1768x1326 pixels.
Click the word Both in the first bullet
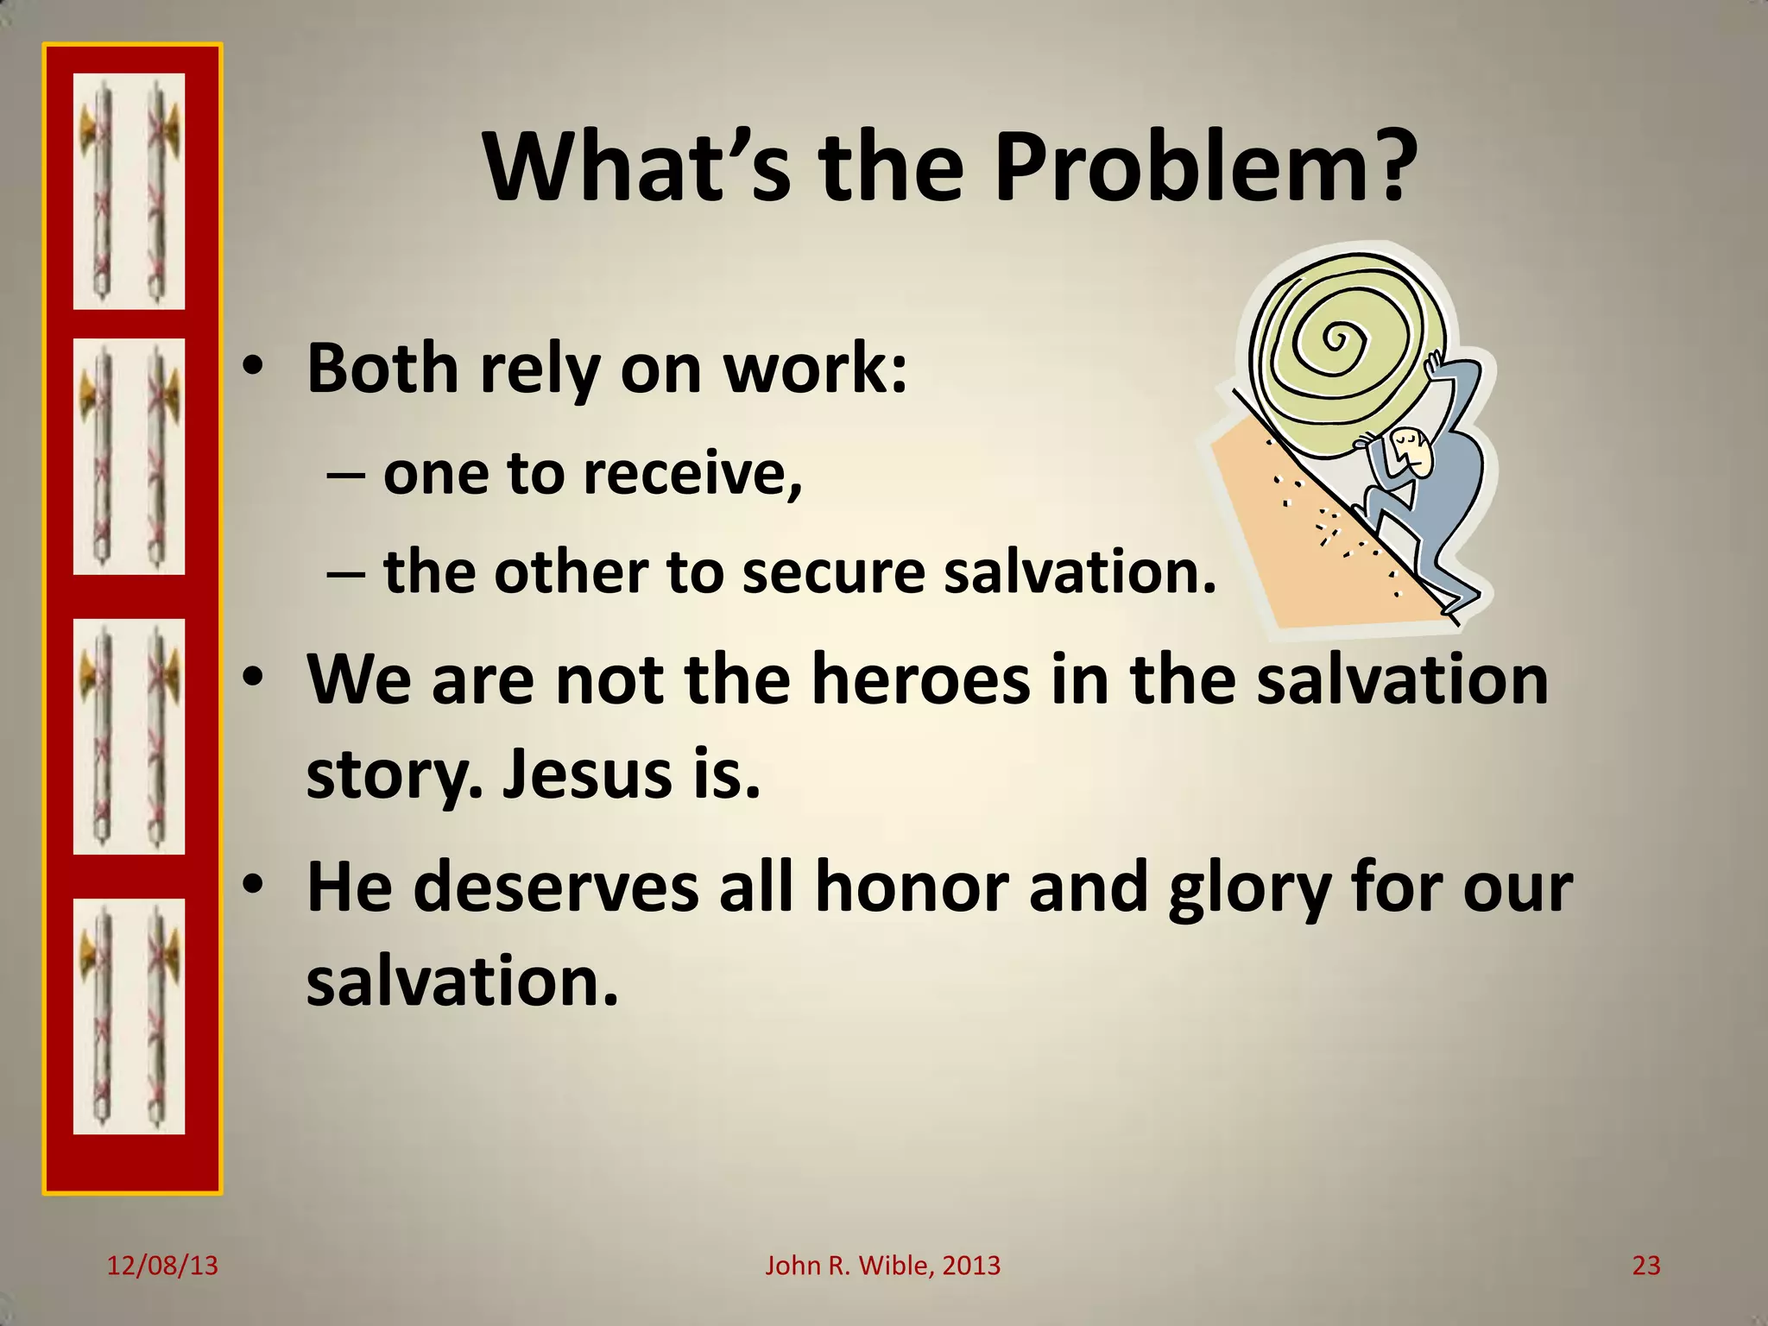tap(382, 369)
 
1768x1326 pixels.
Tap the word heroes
tap(920, 679)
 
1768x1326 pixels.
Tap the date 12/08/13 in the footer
tap(162, 1266)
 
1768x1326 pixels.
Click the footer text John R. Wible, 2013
tap(882, 1266)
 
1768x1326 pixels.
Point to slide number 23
tap(1646, 1266)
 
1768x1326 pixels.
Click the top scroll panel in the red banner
tap(129, 192)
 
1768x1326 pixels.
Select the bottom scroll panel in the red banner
tap(129, 1016)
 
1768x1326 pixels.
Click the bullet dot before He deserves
tap(251, 886)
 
